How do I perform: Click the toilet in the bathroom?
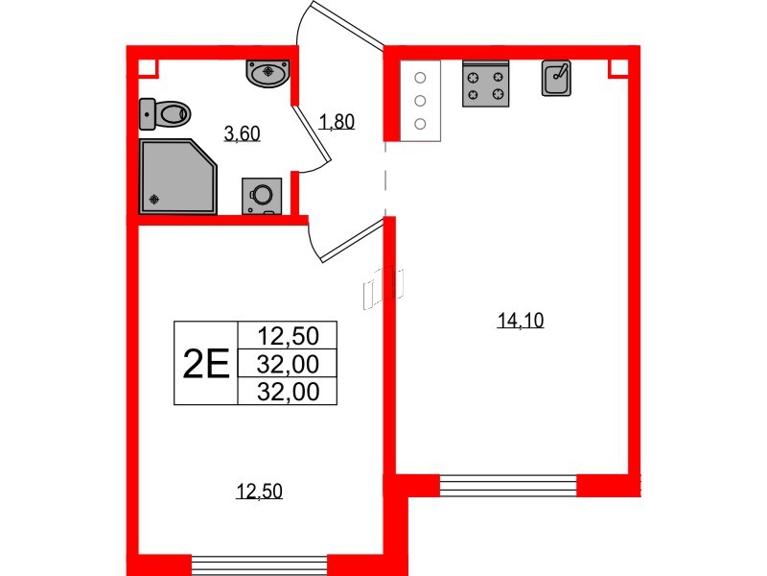[164, 114]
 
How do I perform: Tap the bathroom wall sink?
[268, 72]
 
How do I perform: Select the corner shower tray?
[178, 176]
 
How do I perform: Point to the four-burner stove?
[484, 83]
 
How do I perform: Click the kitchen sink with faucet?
[557, 79]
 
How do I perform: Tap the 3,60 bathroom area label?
[242, 134]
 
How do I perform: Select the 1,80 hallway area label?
[337, 122]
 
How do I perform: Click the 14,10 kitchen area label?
[521, 323]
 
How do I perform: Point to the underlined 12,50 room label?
[260, 492]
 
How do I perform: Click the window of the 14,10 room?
[508, 485]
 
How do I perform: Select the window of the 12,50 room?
[259, 564]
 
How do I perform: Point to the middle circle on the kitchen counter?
[419, 100]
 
